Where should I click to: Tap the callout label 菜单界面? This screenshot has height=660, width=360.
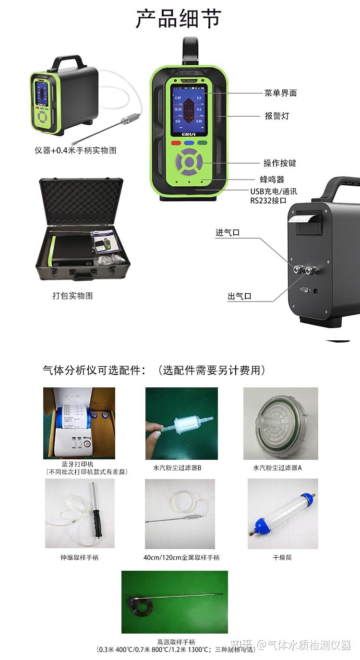tap(280, 93)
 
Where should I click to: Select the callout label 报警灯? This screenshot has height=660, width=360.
tap(277, 116)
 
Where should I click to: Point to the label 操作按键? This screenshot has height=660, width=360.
tap(280, 163)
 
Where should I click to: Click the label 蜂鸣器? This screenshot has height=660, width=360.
tap(272, 180)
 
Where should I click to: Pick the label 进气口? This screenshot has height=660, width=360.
tap(228, 233)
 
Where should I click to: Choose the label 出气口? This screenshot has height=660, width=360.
tap(240, 297)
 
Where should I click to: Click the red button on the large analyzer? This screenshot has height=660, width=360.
tap(176, 143)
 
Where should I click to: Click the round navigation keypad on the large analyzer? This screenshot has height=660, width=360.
tap(189, 163)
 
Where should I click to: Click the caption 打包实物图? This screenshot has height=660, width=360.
tap(72, 296)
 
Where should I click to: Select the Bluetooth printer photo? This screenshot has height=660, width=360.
tap(79, 423)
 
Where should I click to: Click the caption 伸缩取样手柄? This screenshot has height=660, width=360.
tap(80, 557)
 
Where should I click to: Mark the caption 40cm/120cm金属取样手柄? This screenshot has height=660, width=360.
tap(181, 557)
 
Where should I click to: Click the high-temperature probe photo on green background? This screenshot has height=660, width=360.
tap(175, 602)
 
